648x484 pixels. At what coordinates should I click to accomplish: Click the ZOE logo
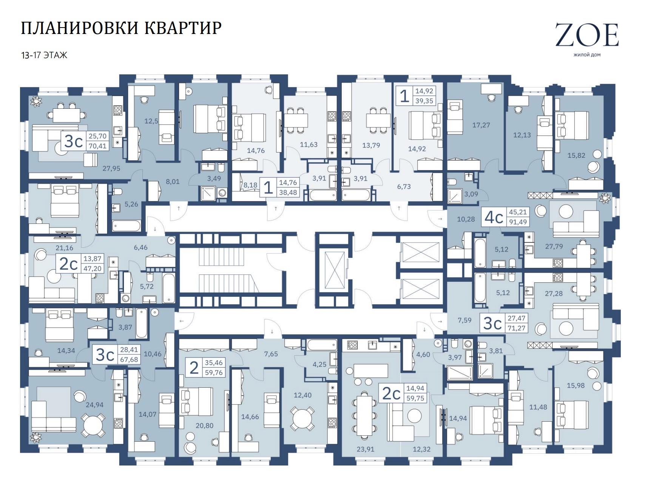[x=587, y=35]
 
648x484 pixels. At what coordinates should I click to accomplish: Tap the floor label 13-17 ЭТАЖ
[x=44, y=55]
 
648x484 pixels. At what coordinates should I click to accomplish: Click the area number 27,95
[x=111, y=168]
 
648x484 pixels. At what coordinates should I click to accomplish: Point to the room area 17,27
[x=481, y=125]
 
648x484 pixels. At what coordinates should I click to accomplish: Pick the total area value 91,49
[x=518, y=222]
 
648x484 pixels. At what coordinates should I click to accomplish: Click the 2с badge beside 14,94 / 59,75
[x=392, y=394]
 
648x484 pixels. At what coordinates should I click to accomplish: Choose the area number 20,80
[x=204, y=425]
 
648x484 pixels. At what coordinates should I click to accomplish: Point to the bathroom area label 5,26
[x=131, y=204]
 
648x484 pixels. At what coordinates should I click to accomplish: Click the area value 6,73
[x=404, y=187]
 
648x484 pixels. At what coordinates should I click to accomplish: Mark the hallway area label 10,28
[x=466, y=219]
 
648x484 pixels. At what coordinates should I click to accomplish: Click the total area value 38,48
[x=288, y=192]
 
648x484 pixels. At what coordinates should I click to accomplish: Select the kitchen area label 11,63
[x=309, y=144]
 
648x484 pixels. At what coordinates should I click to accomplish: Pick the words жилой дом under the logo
[x=587, y=55]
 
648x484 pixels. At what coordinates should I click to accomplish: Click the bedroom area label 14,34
[x=66, y=350]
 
